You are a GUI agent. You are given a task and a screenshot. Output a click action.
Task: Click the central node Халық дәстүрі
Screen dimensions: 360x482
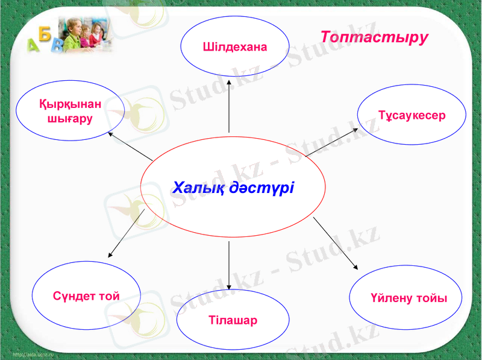tap(233, 187)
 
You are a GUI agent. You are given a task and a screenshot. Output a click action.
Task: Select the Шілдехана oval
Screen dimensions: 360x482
tap(234, 46)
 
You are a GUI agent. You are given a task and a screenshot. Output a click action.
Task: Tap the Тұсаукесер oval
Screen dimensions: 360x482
tap(412, 115)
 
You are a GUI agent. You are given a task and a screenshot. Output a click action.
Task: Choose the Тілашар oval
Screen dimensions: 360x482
tap(232, 320)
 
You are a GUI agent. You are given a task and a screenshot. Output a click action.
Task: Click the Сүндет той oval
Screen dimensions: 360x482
tap(87, 295)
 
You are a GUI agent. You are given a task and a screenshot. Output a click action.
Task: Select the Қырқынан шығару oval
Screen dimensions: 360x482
tap(70, 111)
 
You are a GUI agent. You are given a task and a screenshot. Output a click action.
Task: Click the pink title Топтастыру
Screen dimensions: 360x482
tap(374, 37)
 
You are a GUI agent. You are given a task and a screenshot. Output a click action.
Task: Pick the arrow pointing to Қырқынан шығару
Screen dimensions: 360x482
tap(130, 146)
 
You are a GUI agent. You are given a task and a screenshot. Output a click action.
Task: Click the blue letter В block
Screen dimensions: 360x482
tap(57, 46)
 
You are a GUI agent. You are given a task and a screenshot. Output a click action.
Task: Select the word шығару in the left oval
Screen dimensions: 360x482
tap(70, 119)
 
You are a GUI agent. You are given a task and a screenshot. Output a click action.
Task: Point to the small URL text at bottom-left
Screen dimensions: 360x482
tap(33, 355)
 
